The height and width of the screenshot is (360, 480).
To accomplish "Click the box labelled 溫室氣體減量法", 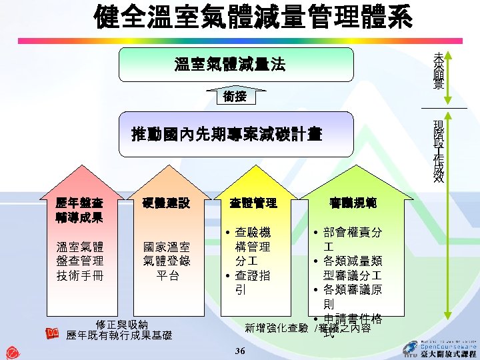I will [x=230, y=65].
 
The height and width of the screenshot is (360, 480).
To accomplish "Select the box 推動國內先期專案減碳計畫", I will [x=227, y=135].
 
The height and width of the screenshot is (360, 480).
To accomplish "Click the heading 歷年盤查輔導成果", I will [x=79, y=210].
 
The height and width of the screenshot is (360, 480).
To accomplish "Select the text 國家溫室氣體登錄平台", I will [x=167, y=261].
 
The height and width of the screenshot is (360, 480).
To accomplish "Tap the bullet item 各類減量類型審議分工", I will [x=351, y=269].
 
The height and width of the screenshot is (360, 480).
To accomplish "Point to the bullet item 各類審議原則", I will [x=351, y=297].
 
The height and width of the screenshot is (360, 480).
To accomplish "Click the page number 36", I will [x=241, y=351].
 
